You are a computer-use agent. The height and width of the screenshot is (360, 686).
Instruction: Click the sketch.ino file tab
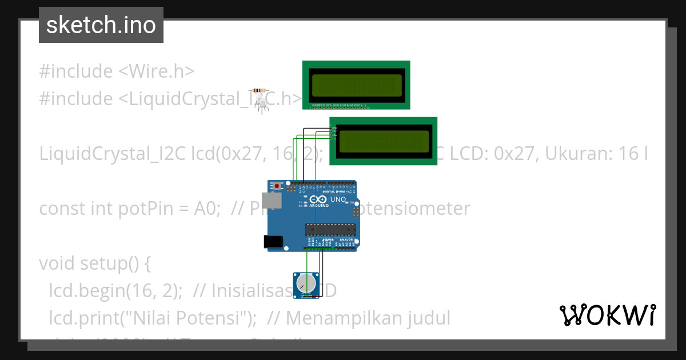click(101, 25)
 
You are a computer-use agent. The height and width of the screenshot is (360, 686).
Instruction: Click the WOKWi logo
click(607, 315)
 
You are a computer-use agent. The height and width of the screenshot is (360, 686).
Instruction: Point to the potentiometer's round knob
click(306, 282)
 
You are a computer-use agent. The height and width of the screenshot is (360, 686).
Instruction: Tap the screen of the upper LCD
click(356, 85)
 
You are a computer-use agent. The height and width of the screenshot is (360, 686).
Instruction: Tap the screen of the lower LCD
click(384, 142)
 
